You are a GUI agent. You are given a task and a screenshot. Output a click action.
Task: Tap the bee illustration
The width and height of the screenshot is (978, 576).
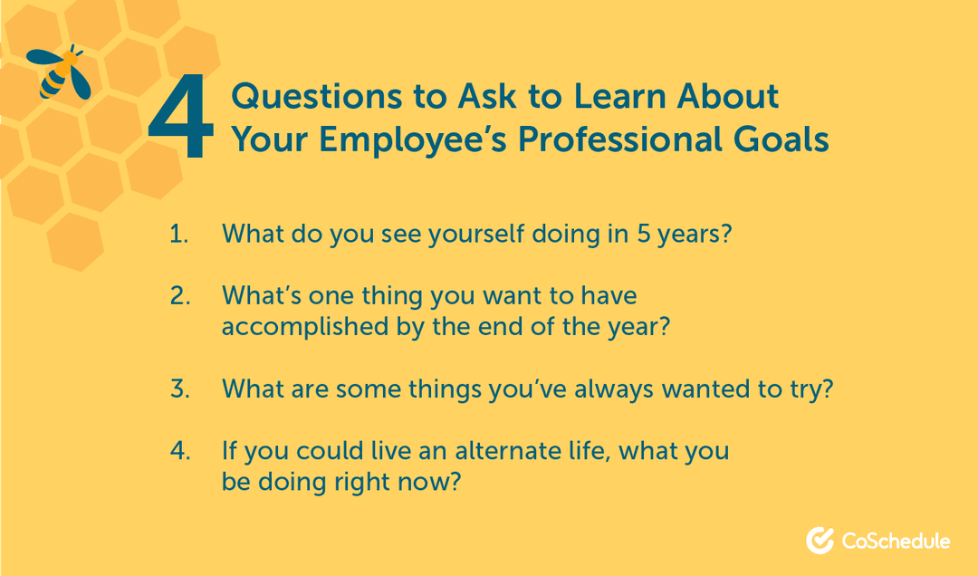59,72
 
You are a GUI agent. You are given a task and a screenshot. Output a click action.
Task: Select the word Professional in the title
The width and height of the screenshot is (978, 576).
620,139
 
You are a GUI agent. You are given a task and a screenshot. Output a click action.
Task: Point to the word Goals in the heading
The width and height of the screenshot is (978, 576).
781,139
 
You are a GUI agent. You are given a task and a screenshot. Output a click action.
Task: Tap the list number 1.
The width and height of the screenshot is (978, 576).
179,234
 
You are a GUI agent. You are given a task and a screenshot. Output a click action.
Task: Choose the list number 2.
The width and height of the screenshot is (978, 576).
180,295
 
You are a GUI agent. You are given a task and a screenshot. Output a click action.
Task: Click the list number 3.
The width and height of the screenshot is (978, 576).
180,389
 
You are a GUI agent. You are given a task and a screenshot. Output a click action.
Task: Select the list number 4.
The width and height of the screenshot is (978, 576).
180,450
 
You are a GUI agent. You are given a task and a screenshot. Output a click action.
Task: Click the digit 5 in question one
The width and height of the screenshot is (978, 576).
644,234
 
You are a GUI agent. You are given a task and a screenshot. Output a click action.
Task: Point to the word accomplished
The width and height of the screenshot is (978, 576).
305,327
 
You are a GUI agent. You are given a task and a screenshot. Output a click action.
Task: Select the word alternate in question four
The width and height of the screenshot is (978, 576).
507,450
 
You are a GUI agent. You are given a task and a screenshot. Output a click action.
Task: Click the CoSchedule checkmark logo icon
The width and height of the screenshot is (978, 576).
820,540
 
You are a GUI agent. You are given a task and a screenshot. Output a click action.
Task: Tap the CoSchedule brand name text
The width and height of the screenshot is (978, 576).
896,541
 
